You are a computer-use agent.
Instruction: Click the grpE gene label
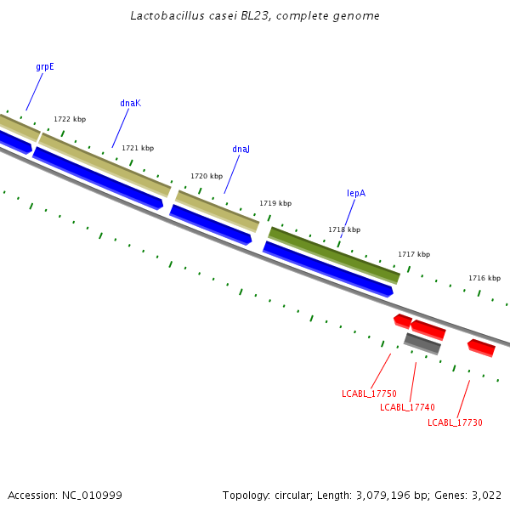click(x=45, y=66)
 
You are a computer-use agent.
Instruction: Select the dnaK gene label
click(x=130, y=104)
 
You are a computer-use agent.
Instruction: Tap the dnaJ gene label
click(x=241, y=150)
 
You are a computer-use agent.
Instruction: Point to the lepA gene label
click(x=356, y=194)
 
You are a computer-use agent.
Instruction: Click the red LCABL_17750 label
click(x=369, y=394)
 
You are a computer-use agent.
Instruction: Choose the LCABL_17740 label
click(x=407, y=408)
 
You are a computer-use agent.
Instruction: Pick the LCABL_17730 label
click(x=455, y=422)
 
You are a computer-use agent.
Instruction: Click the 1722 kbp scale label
click(x=70, y=120)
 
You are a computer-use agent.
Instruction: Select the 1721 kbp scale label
click(x=138, y=149)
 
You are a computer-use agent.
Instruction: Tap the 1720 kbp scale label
click(x=207, y=177)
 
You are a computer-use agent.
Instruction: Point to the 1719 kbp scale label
click(x=275, y=204)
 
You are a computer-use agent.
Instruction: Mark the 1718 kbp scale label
click(x=344, y=230)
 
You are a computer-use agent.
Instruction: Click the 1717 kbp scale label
click(x=414, y=255)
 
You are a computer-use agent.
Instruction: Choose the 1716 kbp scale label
click(x=484, y=279)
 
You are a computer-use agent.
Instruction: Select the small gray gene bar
click(x=422, y=343)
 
